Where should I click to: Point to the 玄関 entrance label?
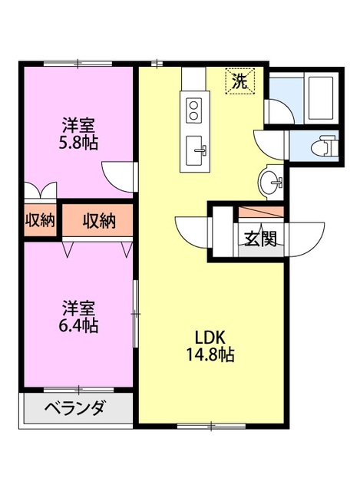pos(260,238)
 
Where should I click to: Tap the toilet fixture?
pos(325,145)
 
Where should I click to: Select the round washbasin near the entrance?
pos(270,183)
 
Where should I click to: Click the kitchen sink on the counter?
pos(198,150)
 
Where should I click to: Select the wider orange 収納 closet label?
pos(99,221)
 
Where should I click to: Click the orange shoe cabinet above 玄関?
pos(262,213)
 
